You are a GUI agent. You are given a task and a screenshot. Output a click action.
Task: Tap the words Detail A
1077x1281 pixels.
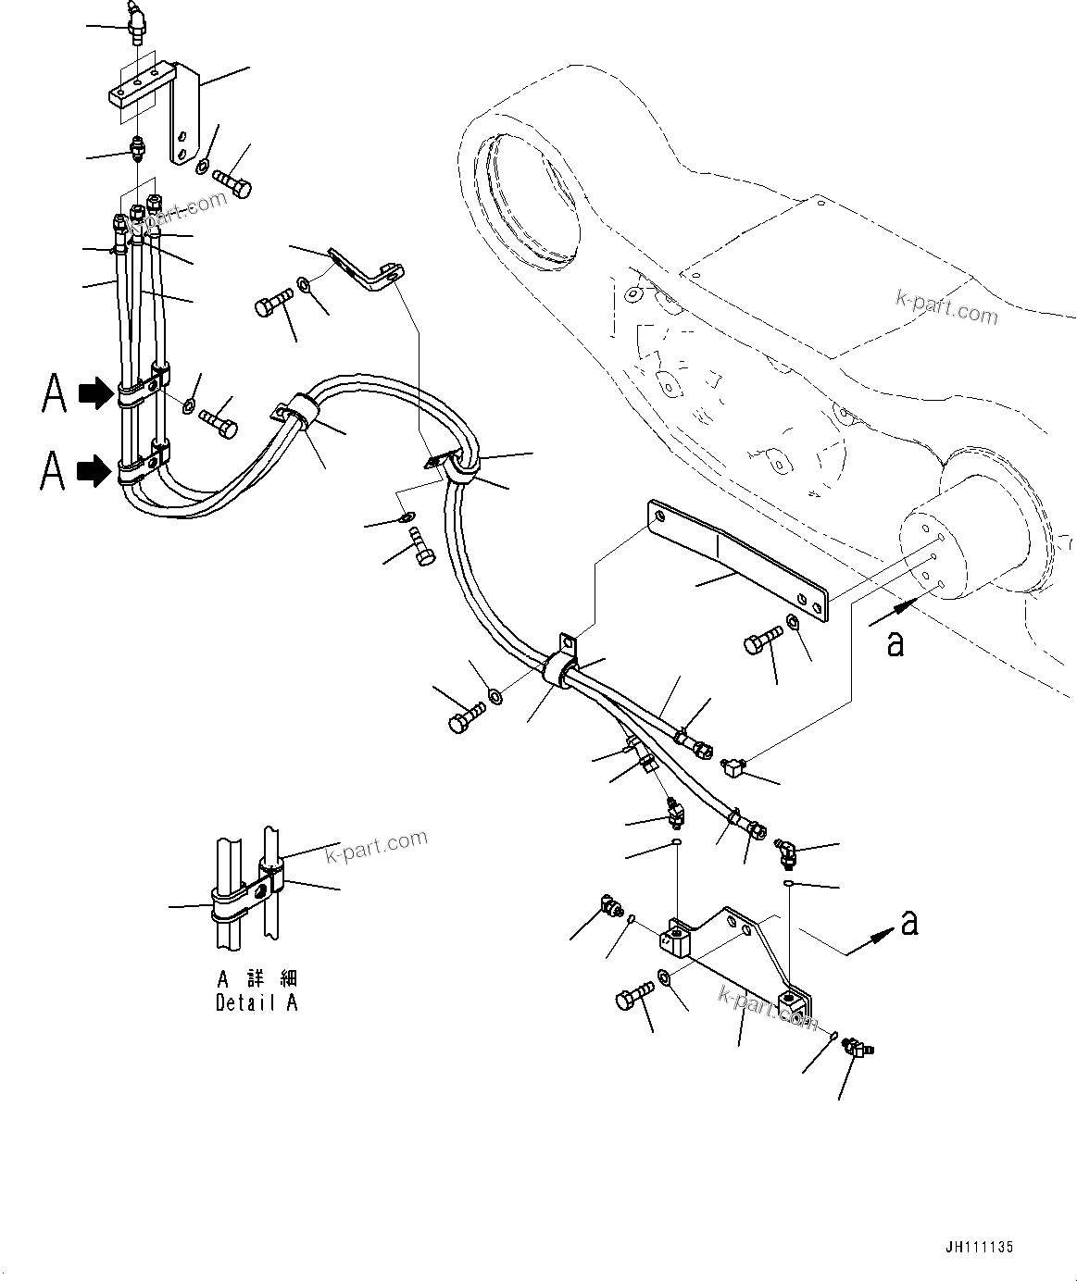click(257, 1002)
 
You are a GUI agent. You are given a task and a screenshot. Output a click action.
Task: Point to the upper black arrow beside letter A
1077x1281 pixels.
click(93, 394)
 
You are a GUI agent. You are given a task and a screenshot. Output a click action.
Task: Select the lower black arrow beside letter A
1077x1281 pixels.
click(93, 472)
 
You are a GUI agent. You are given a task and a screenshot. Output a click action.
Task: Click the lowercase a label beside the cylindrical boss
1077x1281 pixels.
click(895, 643)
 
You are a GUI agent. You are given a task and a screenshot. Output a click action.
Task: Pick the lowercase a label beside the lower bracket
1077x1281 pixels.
click(909, 922)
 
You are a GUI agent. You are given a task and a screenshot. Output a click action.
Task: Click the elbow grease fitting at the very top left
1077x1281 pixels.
click(137, 21)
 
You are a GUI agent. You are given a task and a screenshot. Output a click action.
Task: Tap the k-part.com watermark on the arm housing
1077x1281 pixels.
click(946, 308)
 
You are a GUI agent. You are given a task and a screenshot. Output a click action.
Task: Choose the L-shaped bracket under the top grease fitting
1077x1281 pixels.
click(157, 102)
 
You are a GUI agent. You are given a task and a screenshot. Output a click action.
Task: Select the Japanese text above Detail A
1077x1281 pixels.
click(257, 978)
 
